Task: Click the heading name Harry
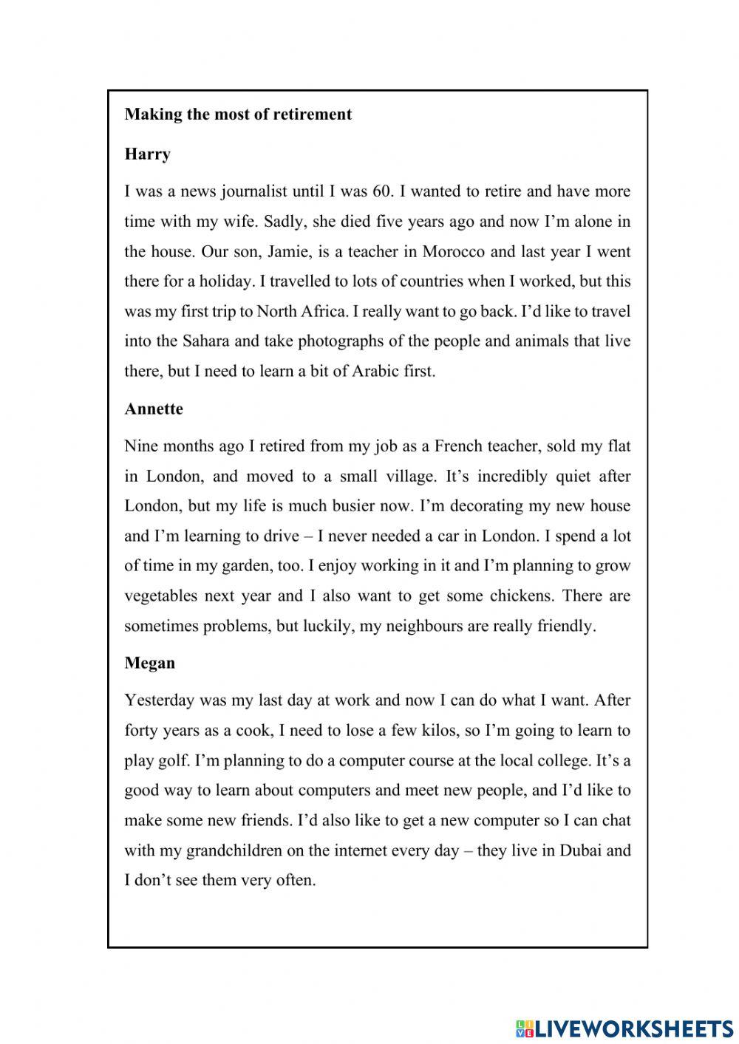(148, 154)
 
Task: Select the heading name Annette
(154, 409)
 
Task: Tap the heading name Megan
(150, 663)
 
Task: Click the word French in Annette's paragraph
(460, 446)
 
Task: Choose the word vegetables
(160, 596)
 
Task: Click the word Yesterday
(159, 700)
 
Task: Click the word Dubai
(583, 850)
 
